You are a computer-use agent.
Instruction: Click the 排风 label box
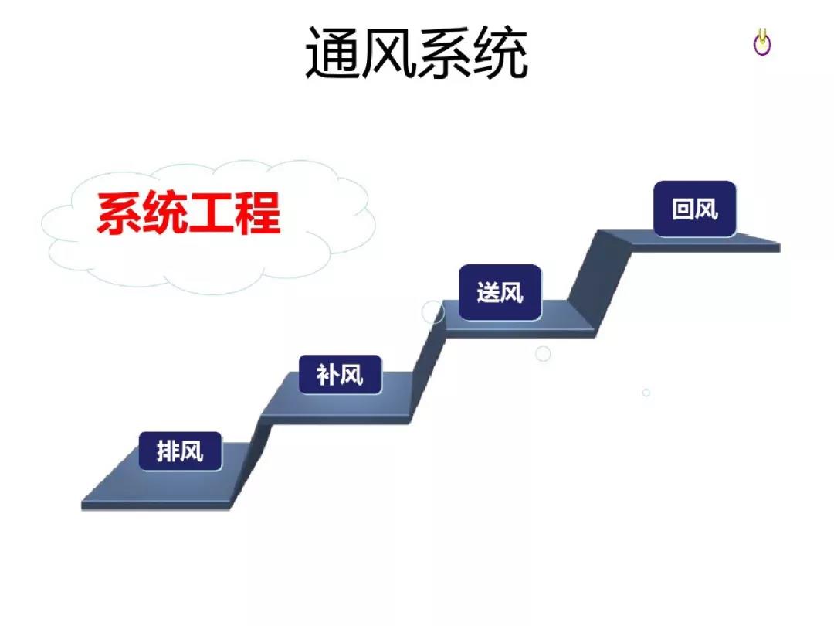[x=180, y=451]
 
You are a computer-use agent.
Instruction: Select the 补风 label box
[x=341, y=375]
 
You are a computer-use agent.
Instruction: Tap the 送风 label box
[x=500, y=292]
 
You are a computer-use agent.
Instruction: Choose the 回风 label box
[x=695, y=209]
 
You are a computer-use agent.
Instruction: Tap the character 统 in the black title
[x=500, y=53]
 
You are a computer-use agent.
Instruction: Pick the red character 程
[x=258, y=213]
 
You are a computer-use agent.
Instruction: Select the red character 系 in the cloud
[x=119, y=213]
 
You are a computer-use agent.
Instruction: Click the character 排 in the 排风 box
[x=168, y=451]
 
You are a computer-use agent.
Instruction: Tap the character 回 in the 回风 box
[x=683, y=209]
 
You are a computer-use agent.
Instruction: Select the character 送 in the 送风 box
[x=488, y=293]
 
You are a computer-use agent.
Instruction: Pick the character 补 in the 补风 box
[x=328, y=376]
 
